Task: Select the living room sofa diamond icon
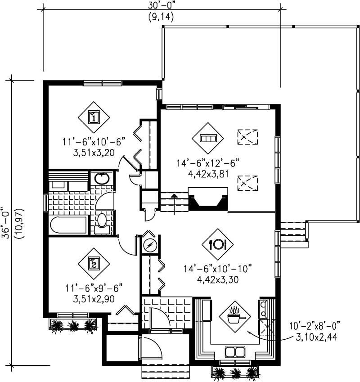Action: pos(208,138)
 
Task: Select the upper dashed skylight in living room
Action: pos(247,135)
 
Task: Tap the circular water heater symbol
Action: pos(150,245)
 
